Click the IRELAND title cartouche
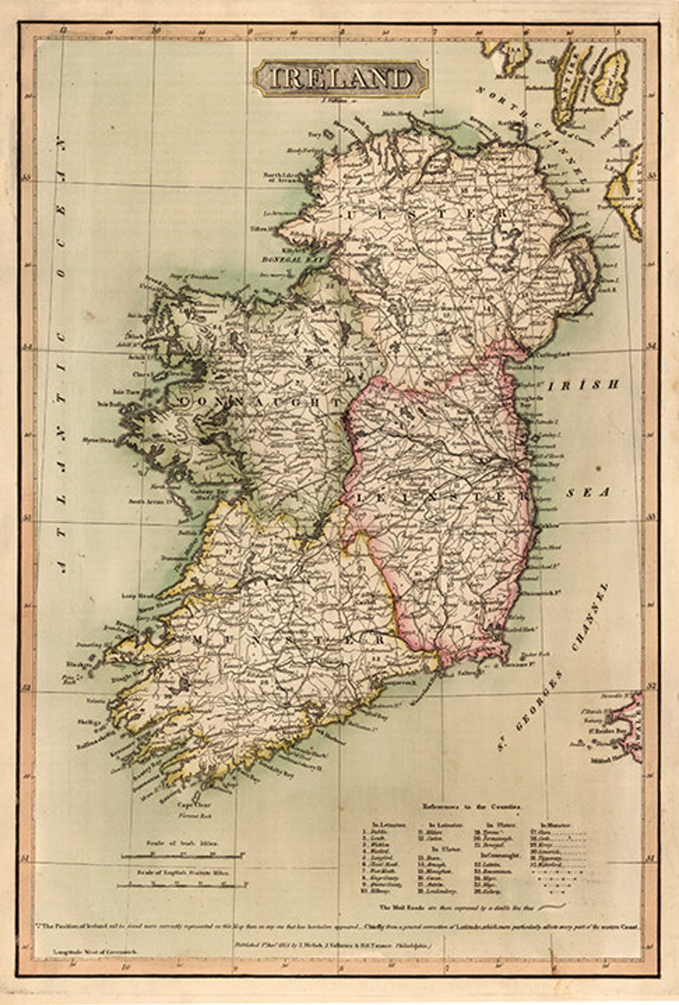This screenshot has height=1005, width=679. click(x=341, y=79)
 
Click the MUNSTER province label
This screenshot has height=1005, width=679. click(x=289, y=639)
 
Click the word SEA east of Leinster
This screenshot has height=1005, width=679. click(x=588, y=492)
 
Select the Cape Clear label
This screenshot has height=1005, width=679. click(x=194, y=805)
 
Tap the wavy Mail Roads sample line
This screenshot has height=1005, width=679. click(x=551, y=906)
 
